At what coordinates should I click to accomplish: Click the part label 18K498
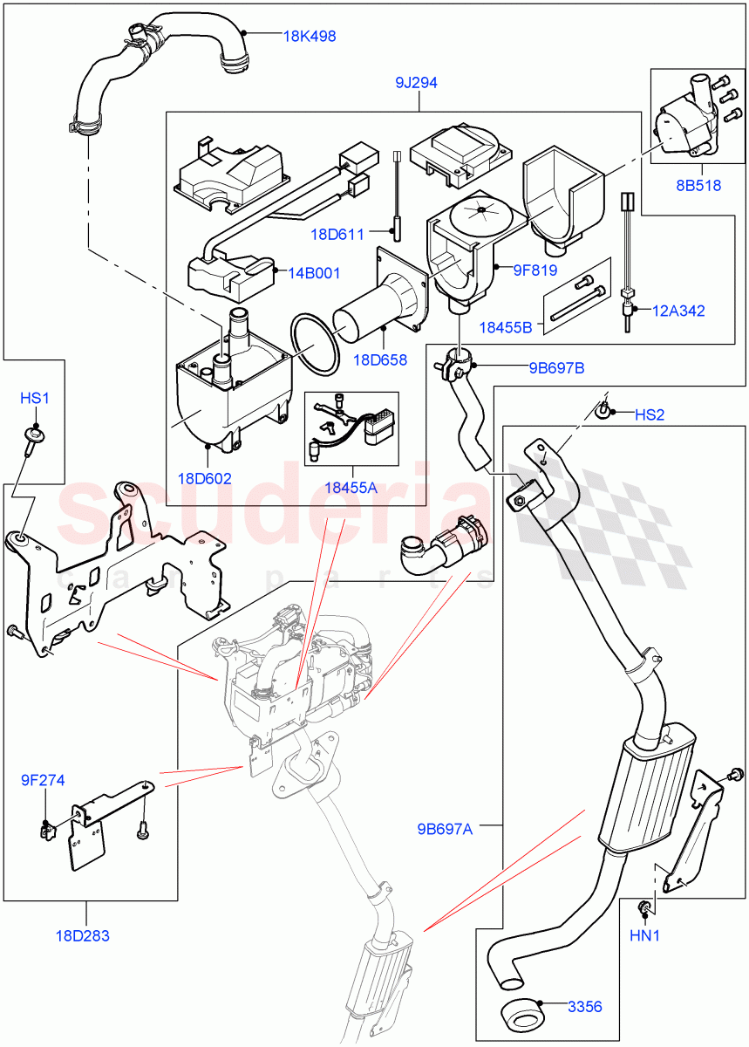click(310, 37)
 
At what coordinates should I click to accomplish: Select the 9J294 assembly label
click(415, 83)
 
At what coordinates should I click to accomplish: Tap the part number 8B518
click(699, 185)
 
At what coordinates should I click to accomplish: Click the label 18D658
click(378, 359)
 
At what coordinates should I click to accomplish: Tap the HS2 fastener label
click(649, 414)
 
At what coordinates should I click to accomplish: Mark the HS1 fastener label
click(35, 398)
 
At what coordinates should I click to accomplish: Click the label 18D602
click(205, 478)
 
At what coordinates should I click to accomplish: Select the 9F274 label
click(44, 780)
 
